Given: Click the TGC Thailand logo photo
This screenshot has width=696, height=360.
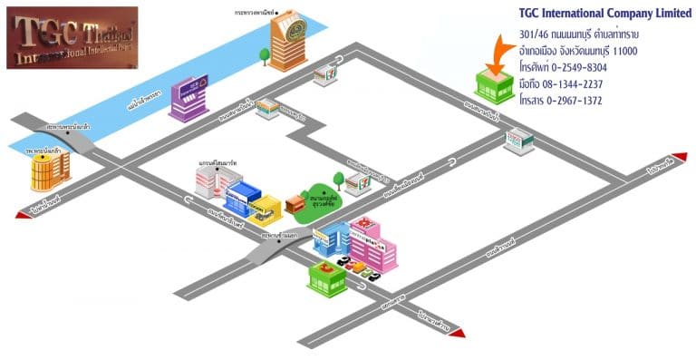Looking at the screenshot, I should tap(72, 38).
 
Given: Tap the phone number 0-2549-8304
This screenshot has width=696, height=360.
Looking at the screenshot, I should tap(574, 68).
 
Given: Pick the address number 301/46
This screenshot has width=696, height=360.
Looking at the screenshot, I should tap(534, 34).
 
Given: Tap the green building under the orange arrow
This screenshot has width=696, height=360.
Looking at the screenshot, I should tap(495, 86).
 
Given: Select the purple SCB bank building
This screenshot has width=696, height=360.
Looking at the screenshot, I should tap(188, 98).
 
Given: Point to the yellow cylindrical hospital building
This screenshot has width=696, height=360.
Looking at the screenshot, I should tap(50, 170).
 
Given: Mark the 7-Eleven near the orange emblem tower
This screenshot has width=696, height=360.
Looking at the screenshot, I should tap(324, 75).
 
